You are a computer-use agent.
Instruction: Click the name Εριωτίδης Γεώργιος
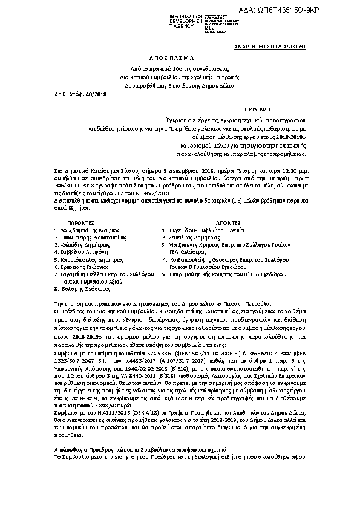point(83,267)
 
